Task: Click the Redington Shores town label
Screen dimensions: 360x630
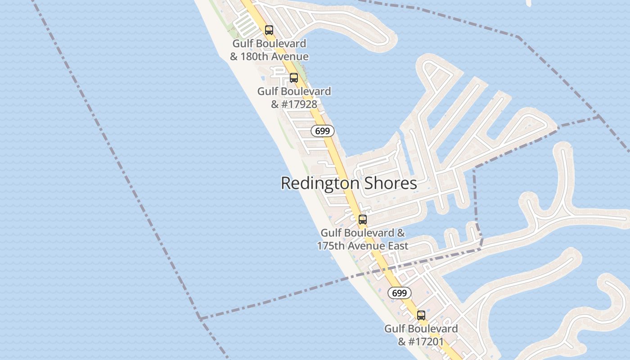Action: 349,184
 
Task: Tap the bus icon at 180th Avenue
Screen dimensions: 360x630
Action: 269,30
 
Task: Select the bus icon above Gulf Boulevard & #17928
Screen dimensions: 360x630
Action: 294,78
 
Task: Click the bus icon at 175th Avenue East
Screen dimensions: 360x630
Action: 362,220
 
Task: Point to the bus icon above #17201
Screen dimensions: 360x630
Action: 421,315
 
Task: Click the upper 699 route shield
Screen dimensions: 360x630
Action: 323,131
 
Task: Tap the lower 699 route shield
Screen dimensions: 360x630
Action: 399,293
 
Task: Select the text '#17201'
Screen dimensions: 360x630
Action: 426,342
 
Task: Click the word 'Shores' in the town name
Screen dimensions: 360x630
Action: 390,184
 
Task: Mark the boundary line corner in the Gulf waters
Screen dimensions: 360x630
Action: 200,319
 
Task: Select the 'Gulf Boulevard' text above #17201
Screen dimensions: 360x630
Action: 421,329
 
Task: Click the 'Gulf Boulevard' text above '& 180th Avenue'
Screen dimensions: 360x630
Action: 269,44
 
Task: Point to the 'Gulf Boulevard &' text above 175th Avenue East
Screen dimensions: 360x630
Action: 363,233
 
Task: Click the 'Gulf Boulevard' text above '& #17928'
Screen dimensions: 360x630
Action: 294,91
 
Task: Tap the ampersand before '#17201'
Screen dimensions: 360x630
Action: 402,342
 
